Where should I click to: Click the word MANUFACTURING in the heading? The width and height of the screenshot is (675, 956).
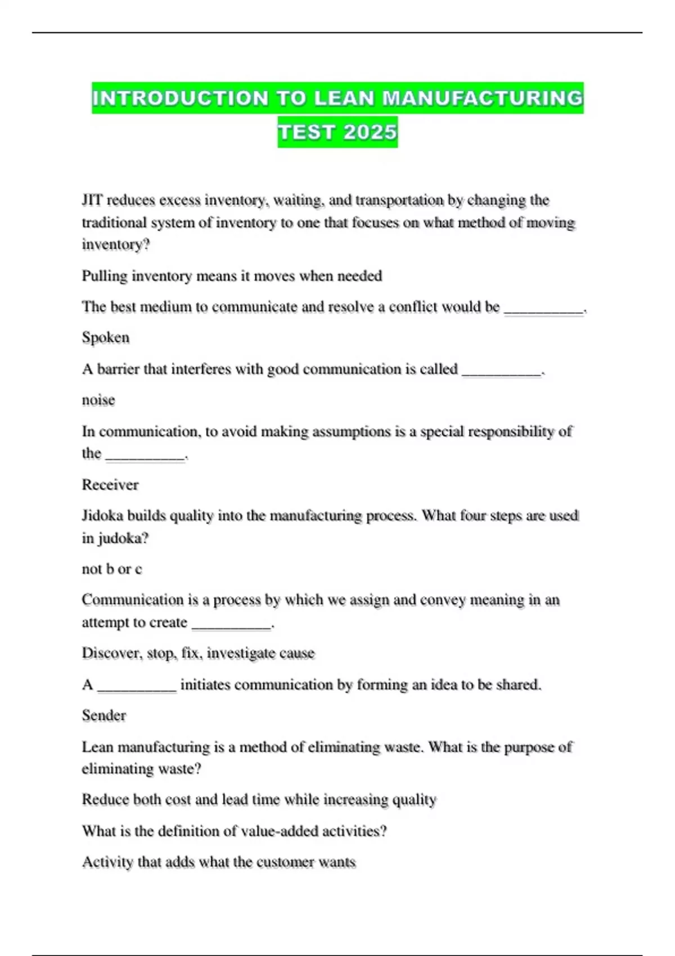click(x=483, y=98)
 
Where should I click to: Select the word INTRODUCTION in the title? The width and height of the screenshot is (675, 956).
click(x=181, y=98)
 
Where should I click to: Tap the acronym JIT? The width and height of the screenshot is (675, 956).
click(x=92, y=200)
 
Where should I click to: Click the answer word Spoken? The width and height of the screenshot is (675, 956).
click(x=106, y=337)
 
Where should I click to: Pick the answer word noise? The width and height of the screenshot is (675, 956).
click(x=98, y=400)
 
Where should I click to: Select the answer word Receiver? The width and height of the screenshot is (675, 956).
click(x=110, y=485)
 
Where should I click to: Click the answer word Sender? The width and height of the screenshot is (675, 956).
click(x=104, y=715)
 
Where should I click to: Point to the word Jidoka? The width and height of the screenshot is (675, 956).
click(x=102, y=516)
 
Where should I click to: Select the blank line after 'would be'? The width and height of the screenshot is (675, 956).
click(x=544, y=309)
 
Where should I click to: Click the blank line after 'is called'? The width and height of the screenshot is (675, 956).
click(x=501, y=371)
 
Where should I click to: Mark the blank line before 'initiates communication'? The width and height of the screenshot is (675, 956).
click(x=137, y=687)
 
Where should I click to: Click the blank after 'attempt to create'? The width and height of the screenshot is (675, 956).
click(x=231, y=625)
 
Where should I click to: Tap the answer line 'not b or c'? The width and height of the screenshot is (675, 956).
click(x=112, y=569)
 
